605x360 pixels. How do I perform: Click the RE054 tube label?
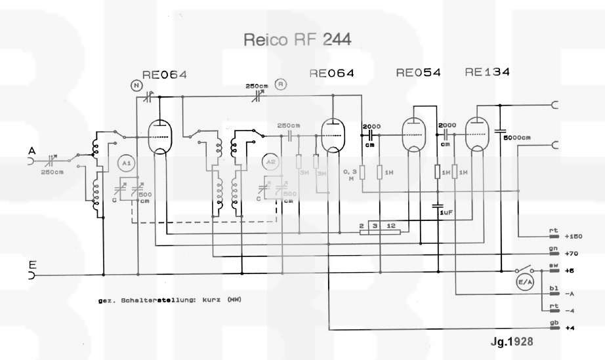[x=418, y=73]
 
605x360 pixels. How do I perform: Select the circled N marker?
[x=136, y=85]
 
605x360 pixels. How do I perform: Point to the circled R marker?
[x=280, y=84]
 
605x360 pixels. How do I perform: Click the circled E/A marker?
[x=526, y=283]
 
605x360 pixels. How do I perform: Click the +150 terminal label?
[x=574, y=237]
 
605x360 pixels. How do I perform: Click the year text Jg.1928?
[x=511, y=342]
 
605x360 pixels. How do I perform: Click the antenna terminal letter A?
[x=31, y=151]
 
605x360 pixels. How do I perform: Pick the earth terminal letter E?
[x=31, y=266]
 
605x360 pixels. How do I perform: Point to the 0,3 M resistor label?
[x=349, y=174]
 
